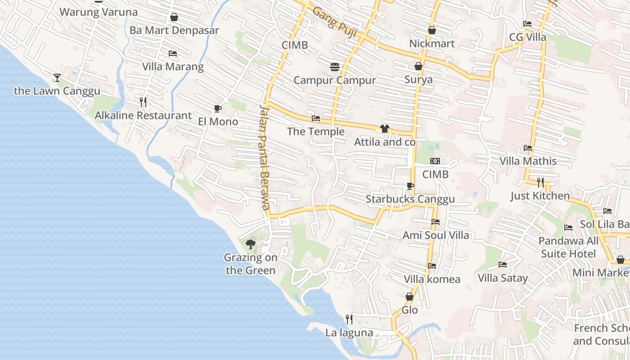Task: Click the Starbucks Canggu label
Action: pyautogui.click(x=410, y=199)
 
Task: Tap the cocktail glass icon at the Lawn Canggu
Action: pyautogui.click(x=57, y=78)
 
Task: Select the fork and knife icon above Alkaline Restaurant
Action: pyautogui.click(x=143, y=102)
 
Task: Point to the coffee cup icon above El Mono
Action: pyautogui.click(x=218, y=108)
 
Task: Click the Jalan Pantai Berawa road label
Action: pyautogui.click(x=265, y=157)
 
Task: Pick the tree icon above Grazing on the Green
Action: pyautogui.click(x=251, y=244)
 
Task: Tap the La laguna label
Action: pyautogui.click(x=349, y=333)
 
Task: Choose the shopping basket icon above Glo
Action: pyautogui.click(x=409, y=297)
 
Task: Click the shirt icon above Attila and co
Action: pyautogui.click(x=384, y=129)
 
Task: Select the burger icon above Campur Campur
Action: pyautogui.click(x=334, y=67)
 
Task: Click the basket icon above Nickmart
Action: pyautogui.click(x=432, y=30)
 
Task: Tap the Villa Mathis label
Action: pyautogui.click(x=528, y=161)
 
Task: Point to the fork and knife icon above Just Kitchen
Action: pyautogui.click(x=540, y=182)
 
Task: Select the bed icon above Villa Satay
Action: pyautogui.click(x=503, y=265)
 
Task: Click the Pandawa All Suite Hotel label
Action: pyautogui.click(x=568, y=247)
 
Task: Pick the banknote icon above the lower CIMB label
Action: pyautogui.click(x=435, y=161)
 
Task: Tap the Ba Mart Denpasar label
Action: pyautogui.click(x=174, y=31)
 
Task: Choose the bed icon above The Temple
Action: pyautogui.click(x=316, y=118)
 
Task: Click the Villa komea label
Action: pyautogui.click(x=432, y=279)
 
